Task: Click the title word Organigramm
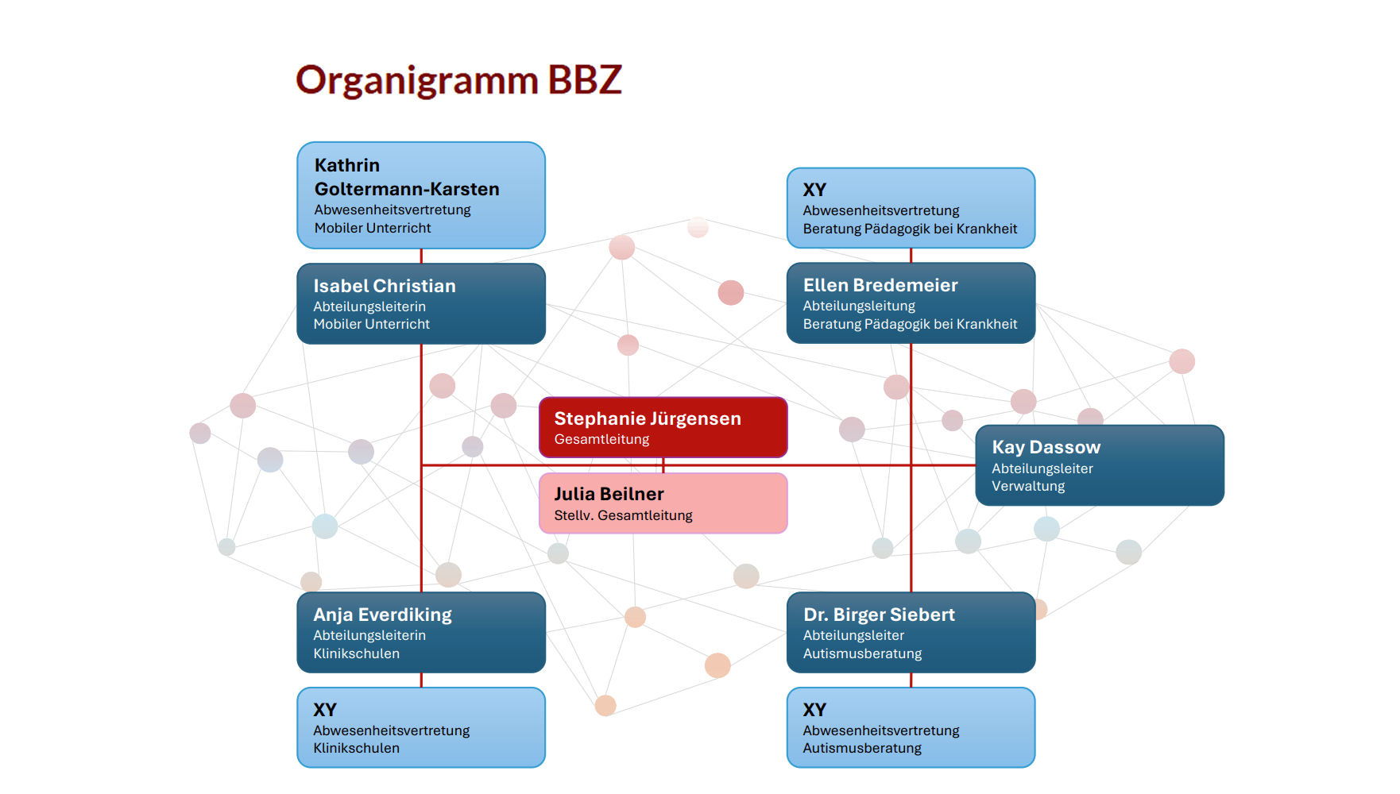pos(417,81)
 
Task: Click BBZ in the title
pos(584,80)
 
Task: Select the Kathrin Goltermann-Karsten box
pos(421,195)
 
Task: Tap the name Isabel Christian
pos(385,286)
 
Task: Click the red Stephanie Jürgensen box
pos(663,427)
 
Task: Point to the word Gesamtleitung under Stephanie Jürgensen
pos(601,439)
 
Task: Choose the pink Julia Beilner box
pos(663,503)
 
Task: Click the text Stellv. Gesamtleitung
pos(623,515)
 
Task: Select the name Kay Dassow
pos(1046,447)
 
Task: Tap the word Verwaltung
pos(1028,486)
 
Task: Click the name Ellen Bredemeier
pos(880,285)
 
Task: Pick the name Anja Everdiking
pos(382,615)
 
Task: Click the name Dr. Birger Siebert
pos(879,615)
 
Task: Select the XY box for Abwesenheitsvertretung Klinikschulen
pos(421,727)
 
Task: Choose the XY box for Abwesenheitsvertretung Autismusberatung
pos(911,727)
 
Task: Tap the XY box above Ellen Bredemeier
pos(911,208)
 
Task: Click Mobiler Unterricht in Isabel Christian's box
pos(371,324)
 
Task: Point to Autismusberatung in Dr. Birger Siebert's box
pos(862,653)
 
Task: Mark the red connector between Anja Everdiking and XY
pos(421,680)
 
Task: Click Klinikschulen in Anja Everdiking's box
pos(356,653)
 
